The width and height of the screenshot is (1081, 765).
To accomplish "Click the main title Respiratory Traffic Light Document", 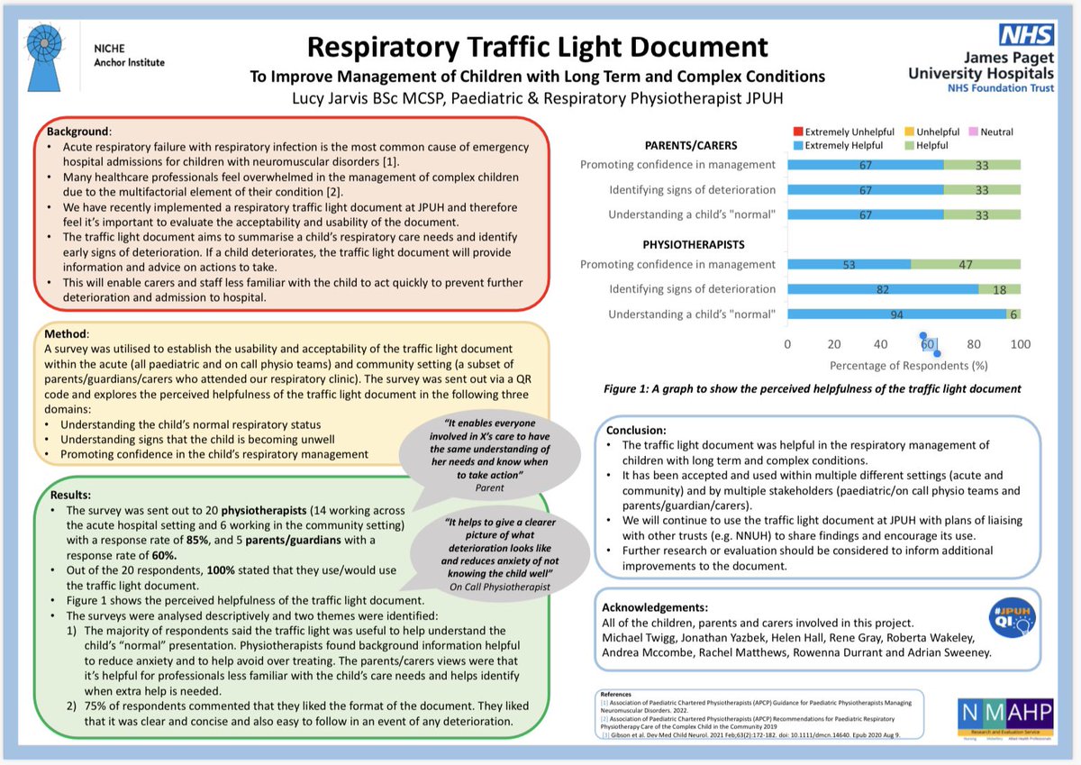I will (538, 47).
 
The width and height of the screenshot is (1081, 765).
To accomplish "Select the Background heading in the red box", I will (77, 132).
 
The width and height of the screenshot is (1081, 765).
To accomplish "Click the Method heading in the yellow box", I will (67, 332).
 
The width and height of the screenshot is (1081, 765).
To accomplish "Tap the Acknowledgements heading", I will (655, 607).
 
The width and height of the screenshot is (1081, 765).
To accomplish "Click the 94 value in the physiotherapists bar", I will (896, 314).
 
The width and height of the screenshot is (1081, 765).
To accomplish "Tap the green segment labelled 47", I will (966, 264).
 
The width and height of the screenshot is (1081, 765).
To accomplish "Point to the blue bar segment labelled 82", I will (883, 289).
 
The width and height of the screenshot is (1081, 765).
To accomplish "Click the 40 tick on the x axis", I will (881, 344).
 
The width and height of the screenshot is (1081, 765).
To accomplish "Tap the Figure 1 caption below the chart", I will (813, 388).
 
